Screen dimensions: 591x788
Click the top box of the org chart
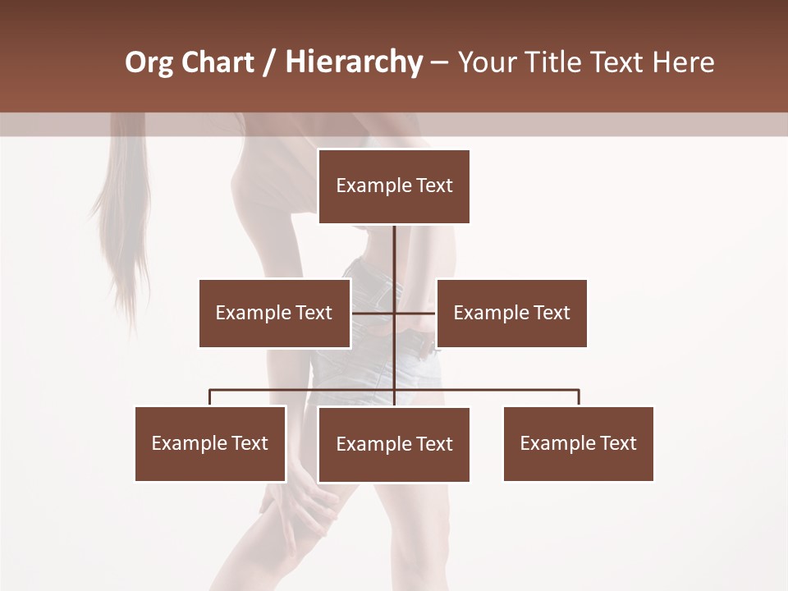394,186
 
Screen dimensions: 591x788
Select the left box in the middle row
274,313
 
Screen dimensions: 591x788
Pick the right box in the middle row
511,313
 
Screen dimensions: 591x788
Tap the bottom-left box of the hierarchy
210,443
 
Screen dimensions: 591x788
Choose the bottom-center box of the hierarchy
394,444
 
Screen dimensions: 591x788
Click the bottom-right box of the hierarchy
578,443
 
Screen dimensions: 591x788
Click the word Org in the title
149,62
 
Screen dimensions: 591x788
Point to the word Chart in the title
218,62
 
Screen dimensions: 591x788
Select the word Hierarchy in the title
354,62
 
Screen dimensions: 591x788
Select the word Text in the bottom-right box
618,443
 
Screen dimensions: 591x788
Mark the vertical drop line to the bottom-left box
210,397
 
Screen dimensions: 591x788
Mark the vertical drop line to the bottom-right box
579,397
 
